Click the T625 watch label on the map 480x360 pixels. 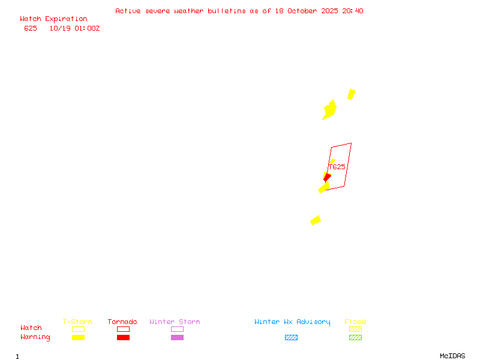pos(337,167)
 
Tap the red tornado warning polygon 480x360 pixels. pos(326,176)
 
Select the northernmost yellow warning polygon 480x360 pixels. pos(352,94)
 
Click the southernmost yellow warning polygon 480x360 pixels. pos(316,220)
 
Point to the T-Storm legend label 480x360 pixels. pos(77,322)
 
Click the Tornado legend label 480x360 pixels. pos(122,322)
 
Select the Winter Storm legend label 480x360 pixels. pos(175,322)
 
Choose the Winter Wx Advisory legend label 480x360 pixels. pos(292,322)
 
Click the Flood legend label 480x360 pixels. pos(355,322)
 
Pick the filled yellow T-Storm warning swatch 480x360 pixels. pos(78,337)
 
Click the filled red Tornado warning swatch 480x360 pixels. pos(123,337)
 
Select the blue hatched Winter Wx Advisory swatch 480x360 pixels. pos(291,337)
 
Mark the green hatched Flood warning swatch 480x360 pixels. pos(355,337)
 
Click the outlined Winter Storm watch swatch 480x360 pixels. pos(177,329)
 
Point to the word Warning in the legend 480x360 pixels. pos(35,337)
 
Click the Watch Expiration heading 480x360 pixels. pos(53,19)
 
